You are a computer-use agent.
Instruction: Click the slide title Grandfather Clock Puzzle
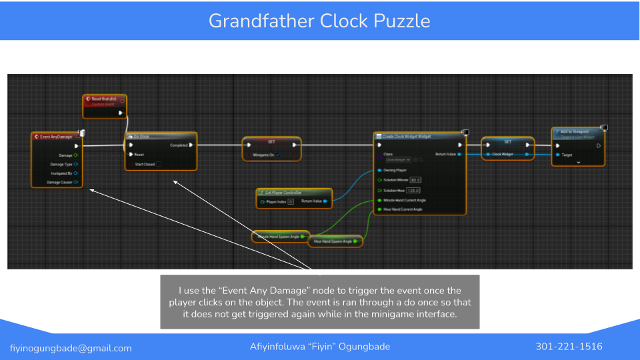pyautogui.click(x=319, y=21)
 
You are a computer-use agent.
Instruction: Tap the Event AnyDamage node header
pyautogui.click(x=56, y=137)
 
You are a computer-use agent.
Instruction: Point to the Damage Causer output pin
pyautogui.click(x=76, y=182)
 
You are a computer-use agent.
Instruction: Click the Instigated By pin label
pyautogui.click(x=61, y=173)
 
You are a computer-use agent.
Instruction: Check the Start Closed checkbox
pyautogui.click(x=158, y=164)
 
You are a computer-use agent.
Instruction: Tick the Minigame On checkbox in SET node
pyautogui.click(x=279, y=155)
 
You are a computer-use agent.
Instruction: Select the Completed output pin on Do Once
pyautogui.click(x=191, y=145)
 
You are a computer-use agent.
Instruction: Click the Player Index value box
pyautogui.click(x=291, y=201)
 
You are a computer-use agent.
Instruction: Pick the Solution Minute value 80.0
pyautogui.click(x=415, y=180)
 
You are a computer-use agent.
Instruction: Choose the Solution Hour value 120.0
pyautogui.click(x=413, y=190)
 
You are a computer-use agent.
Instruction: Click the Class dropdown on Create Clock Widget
pyautogui.click(x=398, y=160)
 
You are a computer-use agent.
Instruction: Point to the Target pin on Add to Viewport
pyautogui.click(x=557, y=155)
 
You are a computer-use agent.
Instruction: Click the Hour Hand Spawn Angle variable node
pyautogui.click(x=333, y=241)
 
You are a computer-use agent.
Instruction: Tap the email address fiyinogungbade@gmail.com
pyautogui.click(x=71, y=348)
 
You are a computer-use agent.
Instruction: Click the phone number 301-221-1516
pyautogui.click(x=569, y=347)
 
